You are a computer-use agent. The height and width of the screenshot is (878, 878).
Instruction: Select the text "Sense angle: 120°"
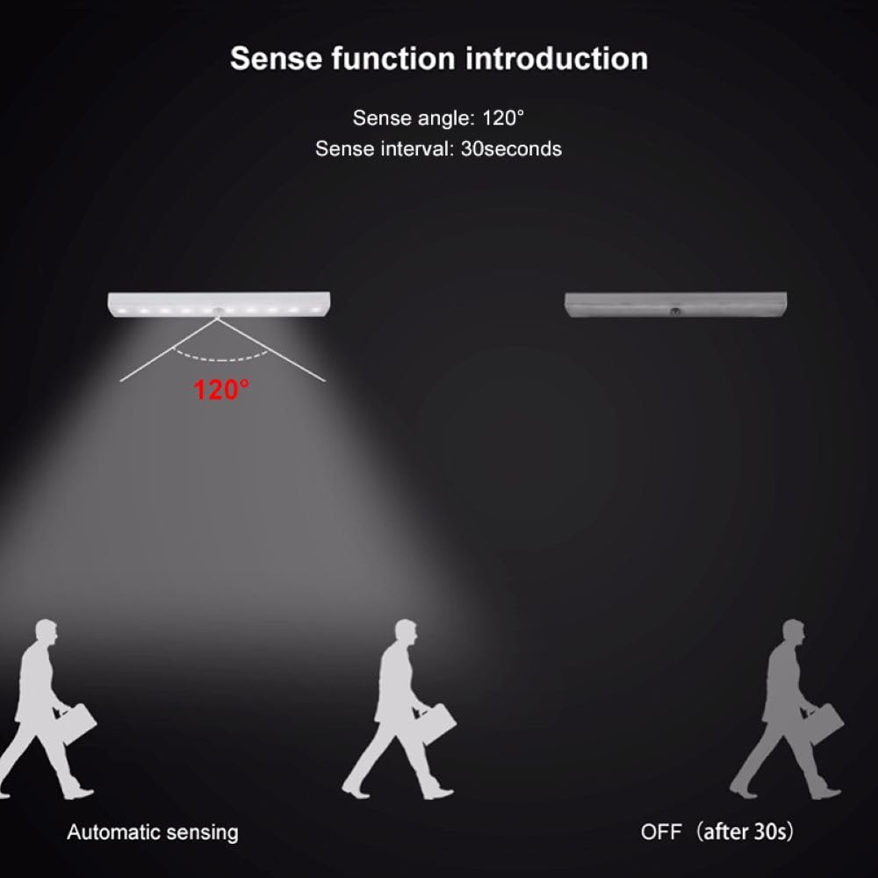pos(438,118)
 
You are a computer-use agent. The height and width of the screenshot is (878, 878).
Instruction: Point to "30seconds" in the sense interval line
pos(511,148)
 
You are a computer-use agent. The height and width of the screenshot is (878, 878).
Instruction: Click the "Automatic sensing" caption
pos(153,831)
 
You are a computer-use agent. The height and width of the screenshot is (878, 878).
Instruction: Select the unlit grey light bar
pos(675,304)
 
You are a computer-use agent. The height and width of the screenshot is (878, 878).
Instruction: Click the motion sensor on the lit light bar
pos(219,311)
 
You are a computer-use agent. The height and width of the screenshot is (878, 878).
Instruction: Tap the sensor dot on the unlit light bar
pos(675,311)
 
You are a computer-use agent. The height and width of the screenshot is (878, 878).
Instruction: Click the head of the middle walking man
pos(405,634)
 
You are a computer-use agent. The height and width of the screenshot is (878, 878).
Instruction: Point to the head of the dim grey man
pos(792,634)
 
